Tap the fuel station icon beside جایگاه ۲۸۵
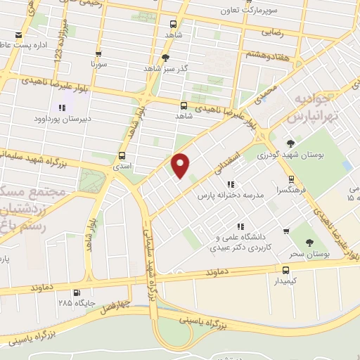pyautogui.click(x=77, y=293)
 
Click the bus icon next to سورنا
pyautogui.click(x=98, y=53)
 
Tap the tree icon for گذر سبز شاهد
pyautogui.click(x=166, y=58)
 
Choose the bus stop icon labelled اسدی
pyautogui.click(x=122, y=155)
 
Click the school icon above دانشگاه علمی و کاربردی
pyautogui.click(x=240, y=226)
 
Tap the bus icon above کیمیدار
pyautogui.click(x=285, y=269)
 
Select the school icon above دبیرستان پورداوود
pyautogui.click(x=62, y=108)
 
